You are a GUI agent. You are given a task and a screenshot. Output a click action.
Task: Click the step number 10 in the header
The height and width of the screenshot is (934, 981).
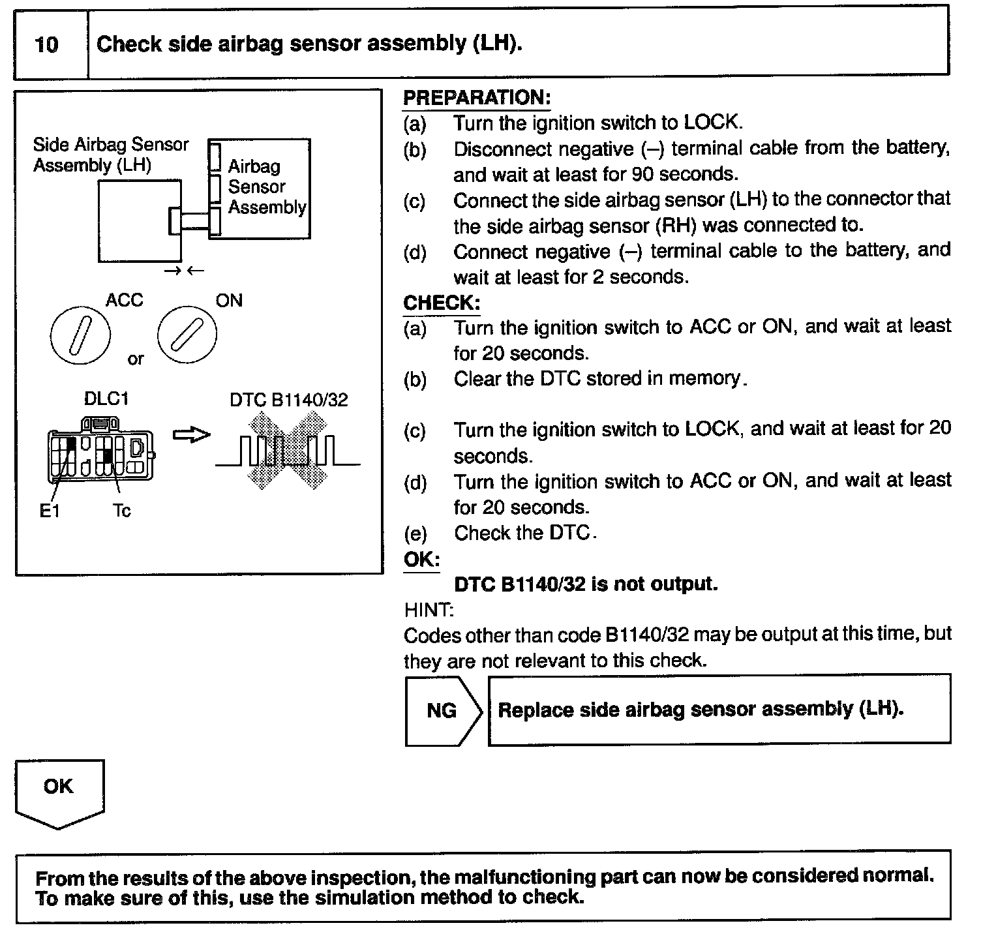[46, 45]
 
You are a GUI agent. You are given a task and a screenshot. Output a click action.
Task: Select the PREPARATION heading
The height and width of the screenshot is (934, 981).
[477, 98]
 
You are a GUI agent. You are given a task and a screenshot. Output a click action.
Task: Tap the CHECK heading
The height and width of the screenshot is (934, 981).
[442, 303]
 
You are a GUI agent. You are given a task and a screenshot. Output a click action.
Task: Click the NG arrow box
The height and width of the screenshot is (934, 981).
[442, 710]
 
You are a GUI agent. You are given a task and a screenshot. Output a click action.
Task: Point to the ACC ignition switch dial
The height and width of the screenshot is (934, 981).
[80, 336]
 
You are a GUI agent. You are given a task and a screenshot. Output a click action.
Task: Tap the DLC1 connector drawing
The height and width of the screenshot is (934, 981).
[100, 450]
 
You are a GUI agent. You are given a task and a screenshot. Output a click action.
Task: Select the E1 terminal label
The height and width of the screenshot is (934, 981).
[50, 511]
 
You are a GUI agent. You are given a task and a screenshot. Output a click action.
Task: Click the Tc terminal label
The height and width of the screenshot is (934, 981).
[121, 511]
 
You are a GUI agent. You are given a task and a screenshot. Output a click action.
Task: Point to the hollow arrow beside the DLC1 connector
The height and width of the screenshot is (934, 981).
[191, 435]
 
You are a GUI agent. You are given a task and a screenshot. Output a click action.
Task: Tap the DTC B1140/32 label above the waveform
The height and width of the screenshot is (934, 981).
[288, 400]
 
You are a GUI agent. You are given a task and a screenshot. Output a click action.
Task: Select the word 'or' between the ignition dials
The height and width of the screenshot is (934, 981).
[135, 359]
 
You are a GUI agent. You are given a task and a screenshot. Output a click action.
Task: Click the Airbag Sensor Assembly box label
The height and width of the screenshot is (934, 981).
[266, 187]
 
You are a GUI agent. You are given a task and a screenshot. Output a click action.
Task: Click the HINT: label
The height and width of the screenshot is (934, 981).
[429, 610]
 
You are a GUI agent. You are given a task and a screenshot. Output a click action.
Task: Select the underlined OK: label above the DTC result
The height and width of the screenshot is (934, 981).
[421, 560]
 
